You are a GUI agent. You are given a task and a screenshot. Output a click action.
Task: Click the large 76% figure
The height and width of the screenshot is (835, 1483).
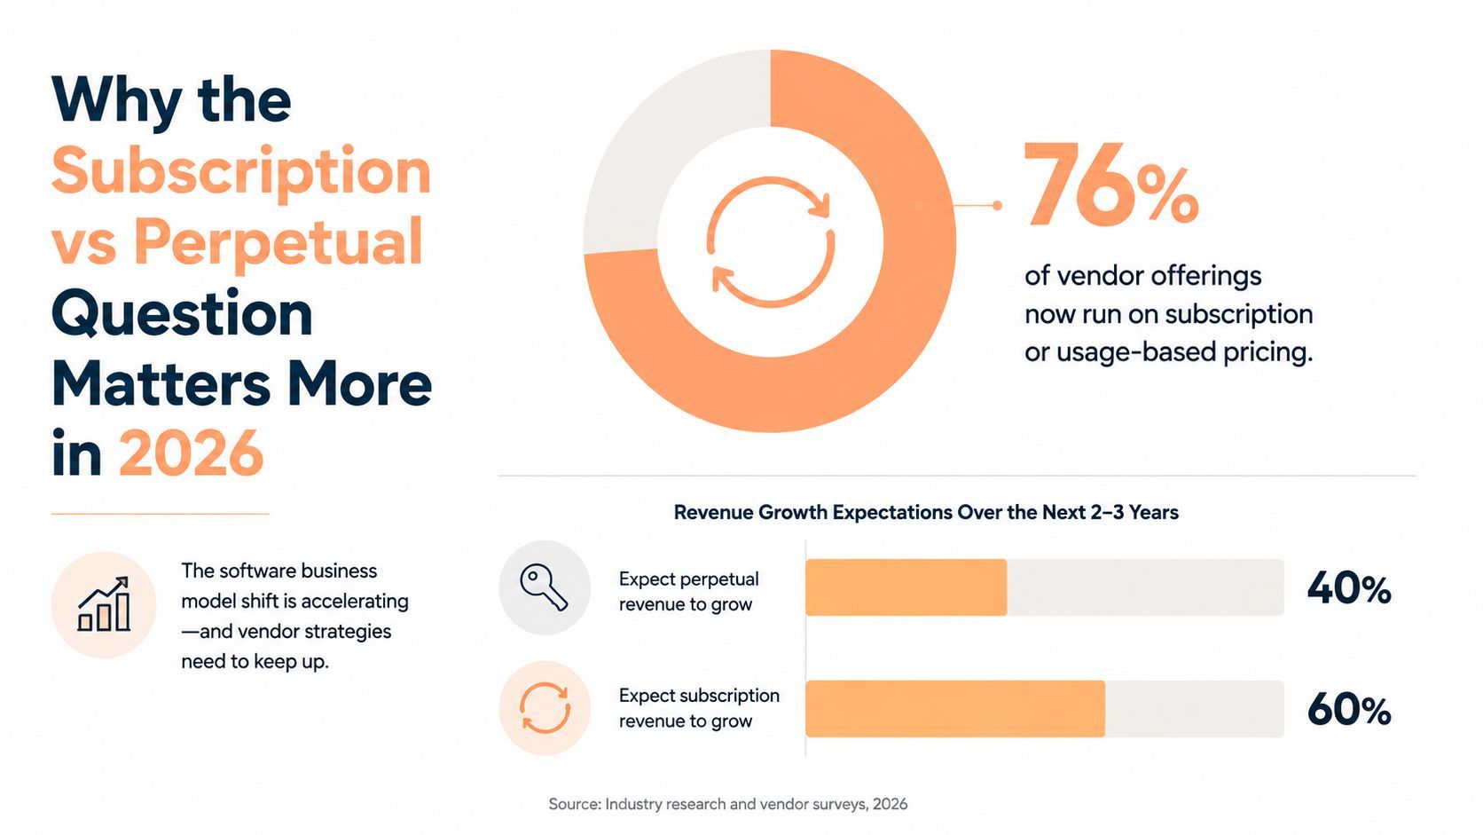[x=1111, y=185]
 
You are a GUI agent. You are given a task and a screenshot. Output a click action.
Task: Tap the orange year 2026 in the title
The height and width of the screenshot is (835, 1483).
[x=191, y=453]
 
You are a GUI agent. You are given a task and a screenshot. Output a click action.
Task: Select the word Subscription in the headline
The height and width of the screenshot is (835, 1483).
[x=241, y=172]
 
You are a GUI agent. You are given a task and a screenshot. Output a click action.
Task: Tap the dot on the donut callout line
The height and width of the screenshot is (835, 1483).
[x=997, y=206]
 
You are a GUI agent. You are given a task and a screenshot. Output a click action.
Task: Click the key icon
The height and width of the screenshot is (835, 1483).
[x=544, y=587]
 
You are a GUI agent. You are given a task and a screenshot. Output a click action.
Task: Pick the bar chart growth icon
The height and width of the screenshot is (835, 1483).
[x=104, y=604]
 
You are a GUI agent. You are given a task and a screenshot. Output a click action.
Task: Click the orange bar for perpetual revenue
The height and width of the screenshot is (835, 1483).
[x=906, y=587]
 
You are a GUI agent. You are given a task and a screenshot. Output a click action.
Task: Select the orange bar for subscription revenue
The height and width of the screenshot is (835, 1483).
[x=954, y=708]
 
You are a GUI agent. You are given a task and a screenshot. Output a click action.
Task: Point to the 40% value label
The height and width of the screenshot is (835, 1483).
[x=1348, y=588]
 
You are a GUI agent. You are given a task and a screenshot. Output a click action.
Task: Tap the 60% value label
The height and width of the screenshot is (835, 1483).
[x=1348, y=710]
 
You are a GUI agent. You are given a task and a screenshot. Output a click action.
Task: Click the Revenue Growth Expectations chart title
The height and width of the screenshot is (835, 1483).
[x=926, y=513]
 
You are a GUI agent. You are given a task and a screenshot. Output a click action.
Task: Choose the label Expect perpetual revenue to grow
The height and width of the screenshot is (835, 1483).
[x=688, y=591]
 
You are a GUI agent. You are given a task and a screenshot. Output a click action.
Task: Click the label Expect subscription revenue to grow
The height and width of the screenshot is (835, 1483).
[x=699, y=708]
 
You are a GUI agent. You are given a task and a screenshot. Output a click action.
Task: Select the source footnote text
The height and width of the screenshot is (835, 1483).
[x=727, y=804]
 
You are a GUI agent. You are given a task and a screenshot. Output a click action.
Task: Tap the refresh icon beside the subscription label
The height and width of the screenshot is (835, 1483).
[x=545, y=708]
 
